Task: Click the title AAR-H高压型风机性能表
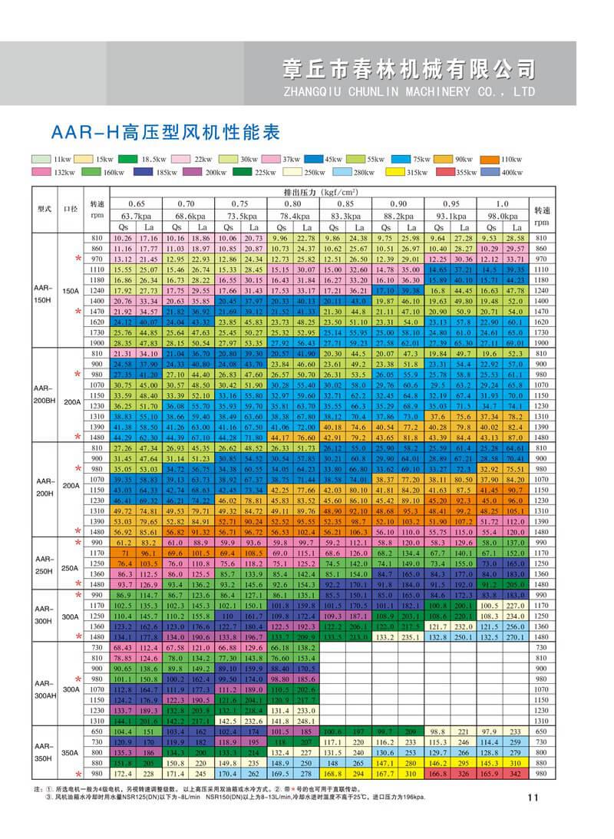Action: (x=165, y=131)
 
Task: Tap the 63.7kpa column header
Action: (x=136, y=216)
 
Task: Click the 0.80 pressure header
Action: (x=292, y=204)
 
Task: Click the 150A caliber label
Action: (x=71, y=292)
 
